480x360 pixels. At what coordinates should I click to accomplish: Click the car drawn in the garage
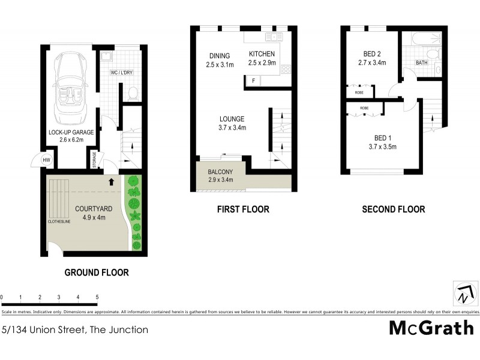coord(70,87)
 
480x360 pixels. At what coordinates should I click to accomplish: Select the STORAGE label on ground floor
coord(94,160)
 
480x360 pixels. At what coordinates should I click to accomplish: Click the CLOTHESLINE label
coord(60,221)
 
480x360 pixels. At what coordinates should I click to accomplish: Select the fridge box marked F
coord(253,80)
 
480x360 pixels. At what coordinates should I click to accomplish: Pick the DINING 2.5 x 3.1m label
coord(219,60)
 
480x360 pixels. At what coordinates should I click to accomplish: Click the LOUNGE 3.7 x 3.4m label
coord(231,123)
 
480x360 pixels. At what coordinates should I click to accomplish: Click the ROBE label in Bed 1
coord(364,108)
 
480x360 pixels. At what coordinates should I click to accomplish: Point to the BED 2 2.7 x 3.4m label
coord(371,57)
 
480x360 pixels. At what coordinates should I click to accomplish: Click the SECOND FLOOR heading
coord(393,209)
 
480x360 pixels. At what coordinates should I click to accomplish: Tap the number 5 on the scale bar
coord(97,297)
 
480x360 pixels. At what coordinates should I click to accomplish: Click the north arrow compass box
coord(463,293)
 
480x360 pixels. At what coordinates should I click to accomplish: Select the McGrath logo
coord(431,328)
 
